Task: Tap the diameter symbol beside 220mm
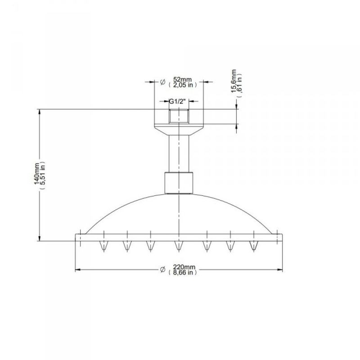click(163, 270)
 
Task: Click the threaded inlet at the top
click(179, 116)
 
